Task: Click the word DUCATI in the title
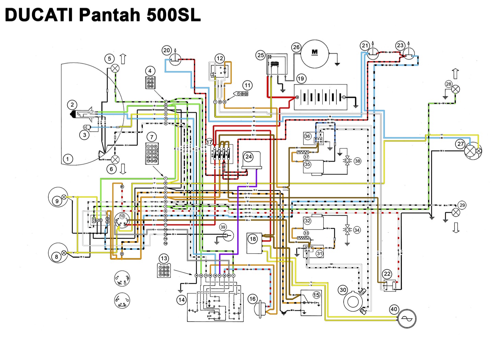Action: pyautogui.click(x=39, y=15)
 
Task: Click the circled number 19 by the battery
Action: pyautogui.click(x=301, y=79)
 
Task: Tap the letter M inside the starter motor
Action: pyautogui.click(x=314, y=52)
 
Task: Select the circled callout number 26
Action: pyautogui.click(x=296, y=47)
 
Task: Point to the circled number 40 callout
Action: pyautogui.click(x=394, y=309)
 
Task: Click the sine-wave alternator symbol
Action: pyautogui.click(x=407, y=319)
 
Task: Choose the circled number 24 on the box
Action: pyautogui.click(x=249, y=157)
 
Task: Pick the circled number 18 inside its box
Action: pyautogui.click(x=253, y=239)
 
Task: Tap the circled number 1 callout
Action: pyautogui.click(x=68, y=159)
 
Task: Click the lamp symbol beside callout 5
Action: pyautogui.click(x=115, y=68)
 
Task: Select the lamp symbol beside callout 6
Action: pyautogui.click(x=115, y=160)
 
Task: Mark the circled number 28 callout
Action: pyautogui.click(x=449, y=84)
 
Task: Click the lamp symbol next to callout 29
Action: pyautogui.click(x=455, y=213)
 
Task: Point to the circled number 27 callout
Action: pyautogui.click(x=460, y=144)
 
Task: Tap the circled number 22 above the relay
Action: pyautogui.click(x=387, y=274)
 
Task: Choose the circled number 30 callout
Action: pyautogui.click(x=343, y=290)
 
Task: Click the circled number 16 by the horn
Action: pyautogui.click(x=252, y=299)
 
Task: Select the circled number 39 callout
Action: pyautogui.click(x=223, y=227)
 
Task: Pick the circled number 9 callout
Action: pyautogui.click(x=57, y=201)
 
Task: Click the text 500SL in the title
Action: pyautogui.click(x=173, y=15)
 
